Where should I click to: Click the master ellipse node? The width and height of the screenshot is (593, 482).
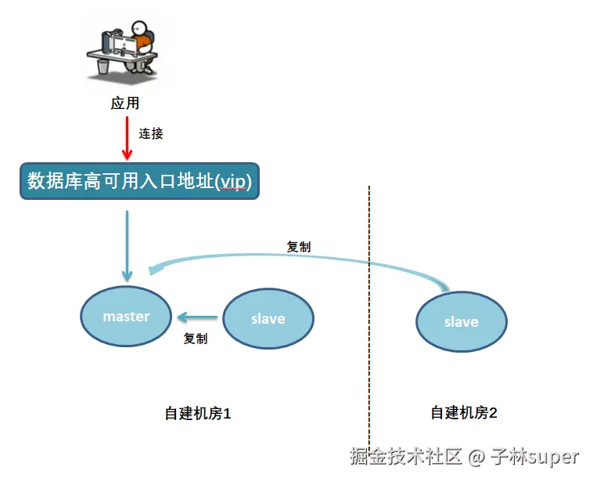point(126,316)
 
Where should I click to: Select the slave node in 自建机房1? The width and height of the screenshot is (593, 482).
point(268,318)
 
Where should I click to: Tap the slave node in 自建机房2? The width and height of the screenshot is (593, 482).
point(461,321)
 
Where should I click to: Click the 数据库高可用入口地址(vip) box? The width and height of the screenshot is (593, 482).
point(138,182)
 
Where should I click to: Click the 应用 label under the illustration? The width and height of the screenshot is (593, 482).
point(125,103)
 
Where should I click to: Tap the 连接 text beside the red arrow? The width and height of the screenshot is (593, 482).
point(151,133)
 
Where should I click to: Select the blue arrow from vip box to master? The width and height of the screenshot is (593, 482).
point(126,243)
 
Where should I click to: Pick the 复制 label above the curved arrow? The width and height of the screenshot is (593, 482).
point(299,246)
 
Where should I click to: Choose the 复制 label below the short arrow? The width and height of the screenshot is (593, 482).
point(196,339)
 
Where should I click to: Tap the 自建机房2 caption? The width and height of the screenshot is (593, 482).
point(464,412)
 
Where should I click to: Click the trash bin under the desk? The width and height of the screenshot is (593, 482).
point(103,67)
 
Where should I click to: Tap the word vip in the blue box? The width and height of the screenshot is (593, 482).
point(234,182)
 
